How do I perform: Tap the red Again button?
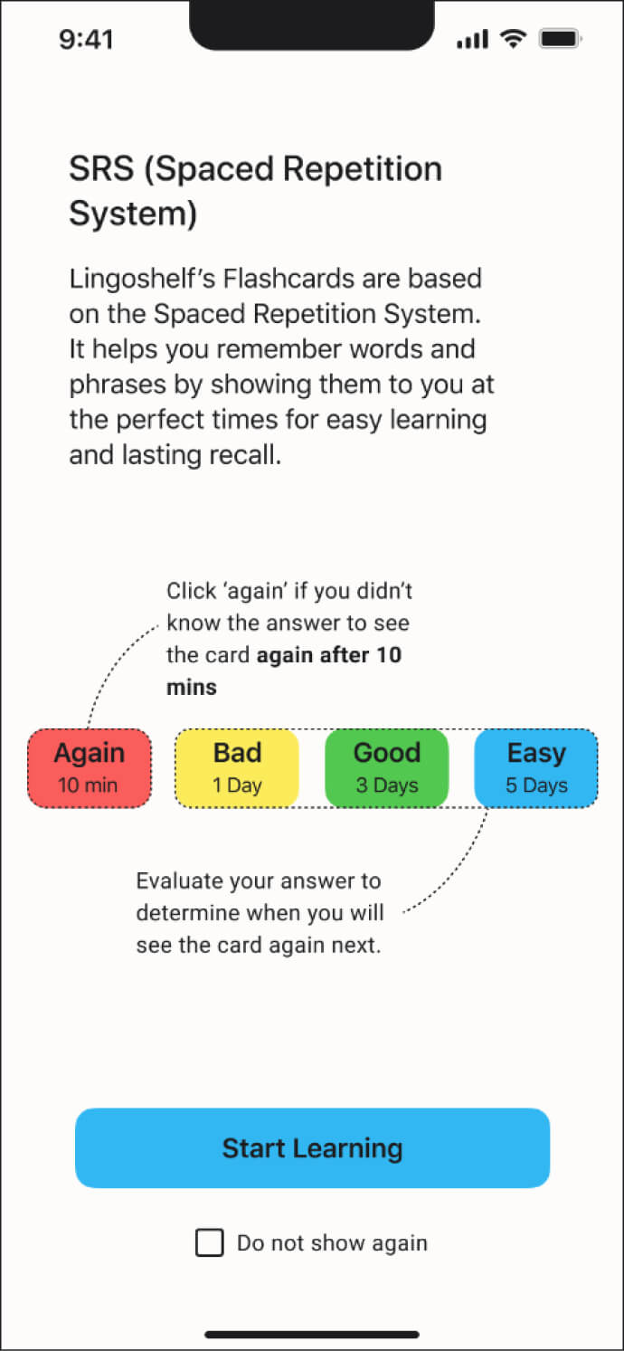point(89,767)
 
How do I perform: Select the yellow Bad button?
point(237,767)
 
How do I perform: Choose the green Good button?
point(386,767)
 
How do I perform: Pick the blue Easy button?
point(535,767)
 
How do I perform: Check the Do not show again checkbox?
point(210,1243)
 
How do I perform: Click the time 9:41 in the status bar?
point(86,40)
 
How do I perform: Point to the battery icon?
point(561,39)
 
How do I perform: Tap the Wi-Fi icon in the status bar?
point(514,39)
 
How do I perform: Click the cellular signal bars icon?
point(473,40)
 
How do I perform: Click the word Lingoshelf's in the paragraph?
point(134,278)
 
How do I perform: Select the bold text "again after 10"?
point(329,654)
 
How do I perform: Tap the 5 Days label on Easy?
point(536,785)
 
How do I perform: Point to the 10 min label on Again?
point(88,785)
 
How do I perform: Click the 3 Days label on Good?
point(387,785)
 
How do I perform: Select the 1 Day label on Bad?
point(237,785)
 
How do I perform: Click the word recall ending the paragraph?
point(245,454)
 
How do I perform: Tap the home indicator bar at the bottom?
point(312,1334)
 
